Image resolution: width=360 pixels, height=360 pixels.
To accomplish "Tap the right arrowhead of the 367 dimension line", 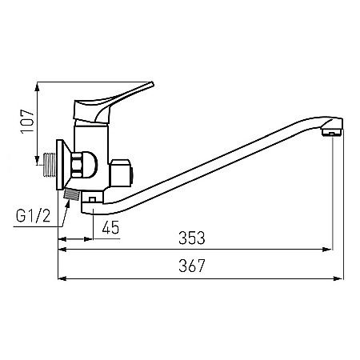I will click(341, 278).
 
